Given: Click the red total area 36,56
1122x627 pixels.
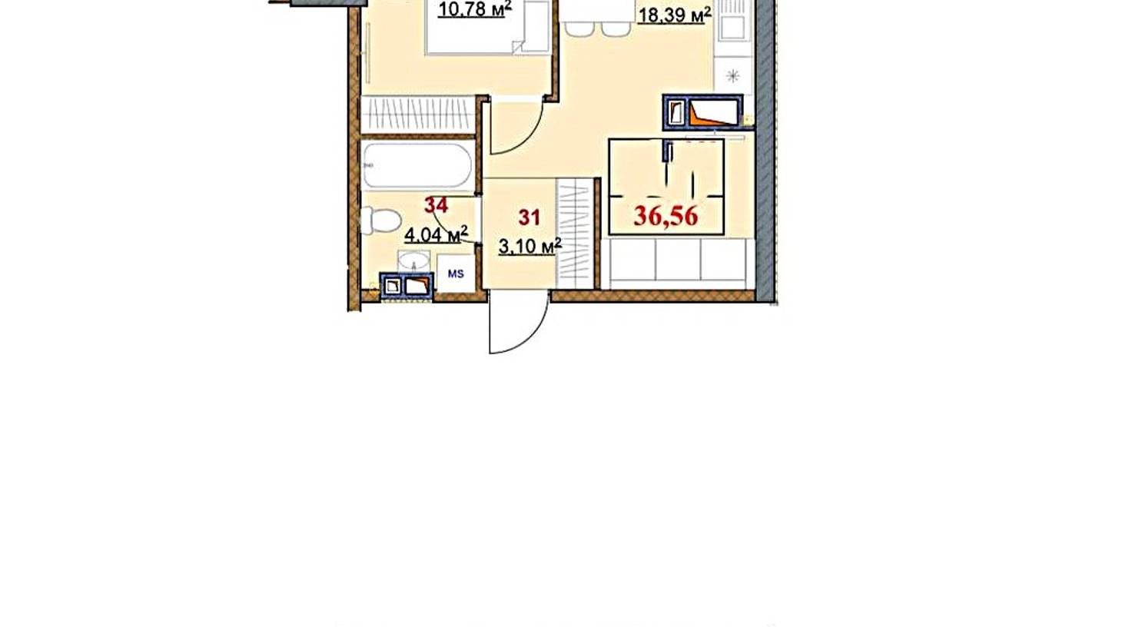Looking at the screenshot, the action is tap(666, 216).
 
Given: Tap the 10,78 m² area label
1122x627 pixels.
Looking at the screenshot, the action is tap(475, 9).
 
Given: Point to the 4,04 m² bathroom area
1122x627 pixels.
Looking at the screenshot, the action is tap(436, 234).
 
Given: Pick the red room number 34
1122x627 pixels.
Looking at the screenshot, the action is tap(436, 205).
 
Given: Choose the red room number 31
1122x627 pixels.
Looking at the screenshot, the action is tap(529, 218).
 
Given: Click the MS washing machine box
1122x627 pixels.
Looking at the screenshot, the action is tap(456, 274).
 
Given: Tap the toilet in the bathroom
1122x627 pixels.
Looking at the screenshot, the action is tap(380, 221).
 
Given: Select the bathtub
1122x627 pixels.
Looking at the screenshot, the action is tap(417, 166).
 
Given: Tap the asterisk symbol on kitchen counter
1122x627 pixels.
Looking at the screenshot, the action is tap(733, 76).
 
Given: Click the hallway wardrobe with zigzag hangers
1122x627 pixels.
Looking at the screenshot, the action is tap(575, 234).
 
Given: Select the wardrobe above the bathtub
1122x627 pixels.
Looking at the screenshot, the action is tap(418, 114).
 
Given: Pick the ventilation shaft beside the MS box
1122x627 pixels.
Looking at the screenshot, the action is tap(407, 286).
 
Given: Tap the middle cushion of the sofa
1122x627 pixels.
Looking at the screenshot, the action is tap(678, 259).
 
